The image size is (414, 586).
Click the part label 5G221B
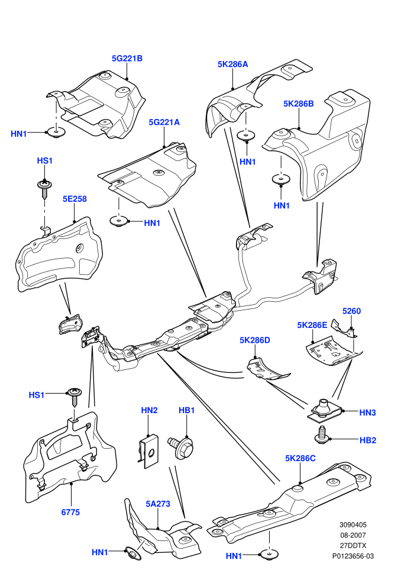(127, 58)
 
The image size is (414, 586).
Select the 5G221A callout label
(164, 122)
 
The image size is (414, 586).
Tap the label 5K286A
(232, 64)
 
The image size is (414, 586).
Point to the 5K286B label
(298, 104)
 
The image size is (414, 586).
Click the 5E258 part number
(75, 199)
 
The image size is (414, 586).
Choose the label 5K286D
(254, 340)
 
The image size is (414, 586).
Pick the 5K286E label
(312, 325)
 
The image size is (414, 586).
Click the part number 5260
(352, 311)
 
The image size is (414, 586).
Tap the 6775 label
(70, 512)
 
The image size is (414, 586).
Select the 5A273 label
(158, 504)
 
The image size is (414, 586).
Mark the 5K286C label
(300, 458)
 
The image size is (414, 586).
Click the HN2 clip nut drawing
(148, 451)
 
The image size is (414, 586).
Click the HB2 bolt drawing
(321, 436)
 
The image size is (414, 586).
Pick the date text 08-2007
(352, 535)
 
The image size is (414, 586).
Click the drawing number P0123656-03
(352, 556)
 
